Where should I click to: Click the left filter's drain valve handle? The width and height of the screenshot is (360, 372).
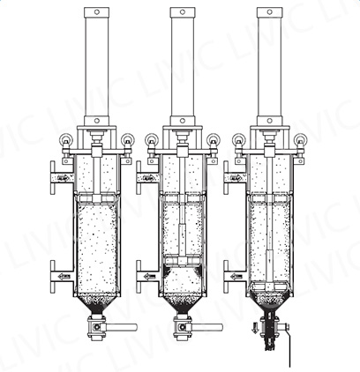pyautogui.click(x=121, y=327)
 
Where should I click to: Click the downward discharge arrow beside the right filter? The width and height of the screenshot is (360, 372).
pyautogui.click(x=255, y=327)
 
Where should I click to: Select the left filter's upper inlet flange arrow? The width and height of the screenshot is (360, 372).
pyautogui.click(x=64, y=178)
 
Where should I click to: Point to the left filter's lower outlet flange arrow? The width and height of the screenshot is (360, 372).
pyautogui.click(x=64, y=277)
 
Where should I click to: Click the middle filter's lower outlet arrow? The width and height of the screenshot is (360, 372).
pyautogui.click(x=150, y=277)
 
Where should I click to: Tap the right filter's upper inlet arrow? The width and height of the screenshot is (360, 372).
pyautogui.click(x=236, y=178)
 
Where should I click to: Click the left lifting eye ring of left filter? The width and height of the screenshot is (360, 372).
pyautogui.click(x=65, y=138)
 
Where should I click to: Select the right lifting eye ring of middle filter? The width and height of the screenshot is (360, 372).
pyautogui.click(x=213, y=138)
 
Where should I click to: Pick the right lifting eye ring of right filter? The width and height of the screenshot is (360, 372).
pyautogui.click(x=300, y=138)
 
